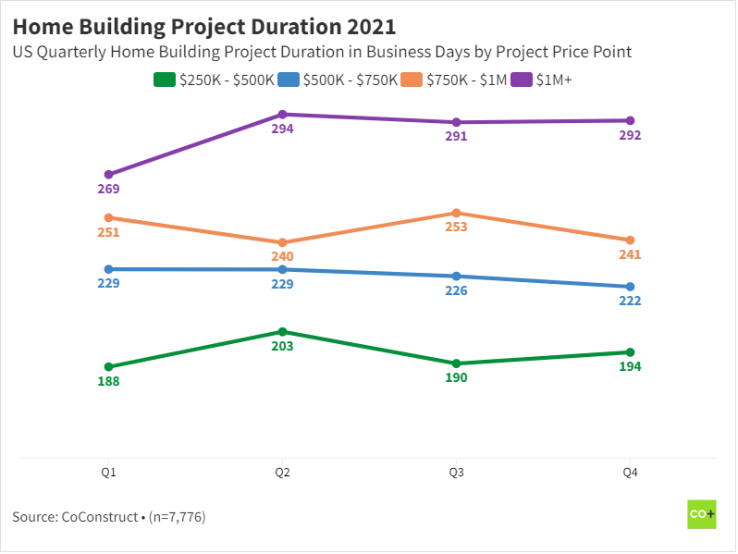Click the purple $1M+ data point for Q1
pos(108,174)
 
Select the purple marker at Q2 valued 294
pos(282,115)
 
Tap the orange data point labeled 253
pos(456,213)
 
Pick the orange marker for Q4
pos(630,240)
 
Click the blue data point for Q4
pos(630,287)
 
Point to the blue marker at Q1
pos(108,269)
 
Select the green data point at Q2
pos(282,331)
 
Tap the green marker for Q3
pos(456,363)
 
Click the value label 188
pos(108,381)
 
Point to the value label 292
pos(630,135)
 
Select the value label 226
pos(456,291)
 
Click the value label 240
pos(282,257)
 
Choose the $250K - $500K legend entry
pos(215,80)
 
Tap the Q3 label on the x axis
pos(456,473)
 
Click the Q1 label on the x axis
pos(108,473)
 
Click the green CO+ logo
pos(702,514)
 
